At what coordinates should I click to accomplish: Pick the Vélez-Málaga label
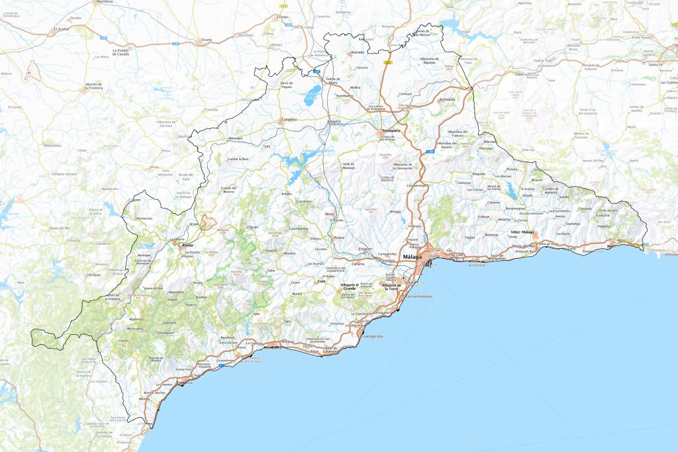tap(522, 233)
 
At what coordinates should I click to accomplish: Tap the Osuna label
tap(207, 40)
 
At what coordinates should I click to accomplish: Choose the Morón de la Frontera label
tap(95, 87)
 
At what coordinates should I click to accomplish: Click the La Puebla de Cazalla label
tap(120, 52)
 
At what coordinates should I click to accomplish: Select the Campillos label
tap(289, 120)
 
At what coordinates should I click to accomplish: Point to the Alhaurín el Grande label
tap(349, 286)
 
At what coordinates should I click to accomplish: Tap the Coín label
tap(322, 281)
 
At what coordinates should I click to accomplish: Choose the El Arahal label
tap(62, 29)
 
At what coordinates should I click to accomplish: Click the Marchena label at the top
tap(105, 2)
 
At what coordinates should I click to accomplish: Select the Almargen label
tap(236, 138)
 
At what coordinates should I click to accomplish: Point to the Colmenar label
tap(464, 183)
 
